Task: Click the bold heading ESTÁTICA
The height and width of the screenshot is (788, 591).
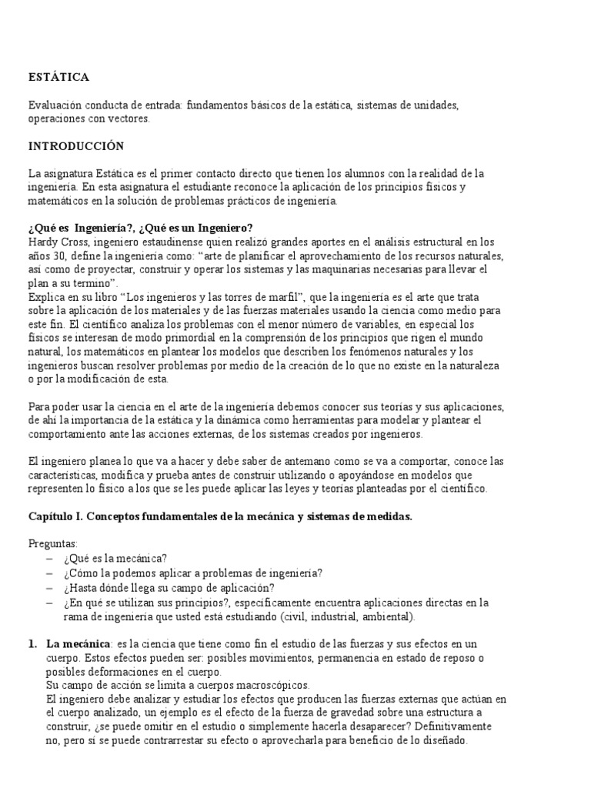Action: (58, 77)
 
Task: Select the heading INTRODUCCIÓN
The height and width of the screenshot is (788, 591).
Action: (76, 145)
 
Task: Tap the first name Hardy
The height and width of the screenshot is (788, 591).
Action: (43, 241)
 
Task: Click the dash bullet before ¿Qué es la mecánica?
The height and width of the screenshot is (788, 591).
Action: (50, 559)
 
